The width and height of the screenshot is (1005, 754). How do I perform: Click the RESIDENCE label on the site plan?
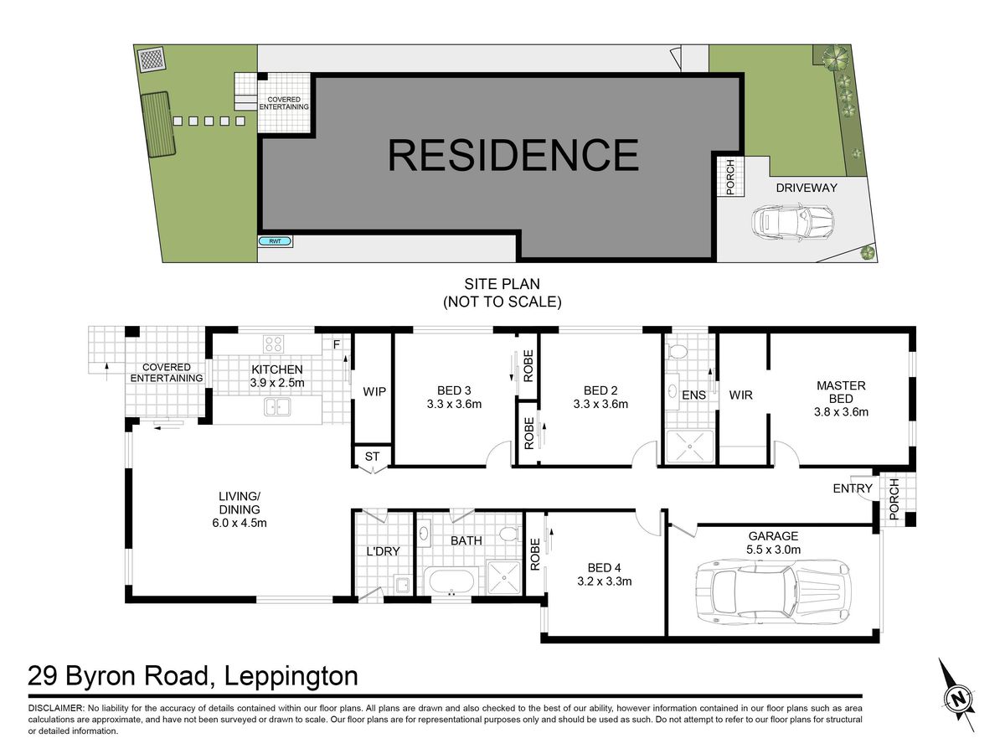pos(513,155)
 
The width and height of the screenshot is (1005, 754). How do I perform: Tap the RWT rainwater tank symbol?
pos(275,241)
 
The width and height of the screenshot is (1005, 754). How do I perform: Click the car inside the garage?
pos(773,594)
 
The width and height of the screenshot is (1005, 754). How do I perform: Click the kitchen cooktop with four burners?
pos(273,343)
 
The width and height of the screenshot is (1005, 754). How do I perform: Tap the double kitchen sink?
pos(277,406)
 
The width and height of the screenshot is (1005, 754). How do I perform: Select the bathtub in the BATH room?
pos(451,581)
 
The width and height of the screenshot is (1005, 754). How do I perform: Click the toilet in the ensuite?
pos(677,351)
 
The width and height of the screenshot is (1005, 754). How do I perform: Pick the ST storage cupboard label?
pos(372,457)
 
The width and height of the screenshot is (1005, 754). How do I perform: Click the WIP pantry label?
pos(374,391)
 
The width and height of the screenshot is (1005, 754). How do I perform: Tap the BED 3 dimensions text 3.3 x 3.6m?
pos(454,405)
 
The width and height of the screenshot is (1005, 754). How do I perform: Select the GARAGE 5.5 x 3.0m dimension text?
pos(773,550)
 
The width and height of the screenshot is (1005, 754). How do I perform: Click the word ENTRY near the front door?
pos(852,488)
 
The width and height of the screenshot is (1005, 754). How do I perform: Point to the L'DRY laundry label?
pos(384,551)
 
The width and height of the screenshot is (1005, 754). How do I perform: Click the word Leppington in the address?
pos(291,676)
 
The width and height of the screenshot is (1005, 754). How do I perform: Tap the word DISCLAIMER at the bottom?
pos(56,708)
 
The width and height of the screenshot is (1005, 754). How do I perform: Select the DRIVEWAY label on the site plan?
pos(807,188)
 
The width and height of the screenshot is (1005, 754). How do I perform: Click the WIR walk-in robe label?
pos(740,395)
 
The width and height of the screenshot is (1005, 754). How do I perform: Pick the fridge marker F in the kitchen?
pos(336,344)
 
